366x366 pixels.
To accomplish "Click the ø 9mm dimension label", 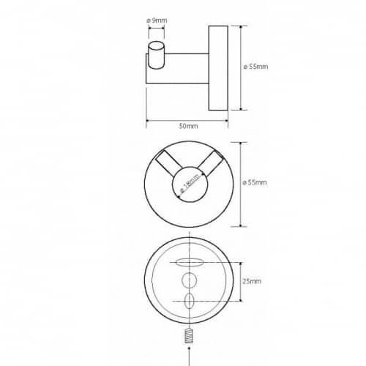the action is coord(157,20).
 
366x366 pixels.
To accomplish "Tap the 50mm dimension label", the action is coord(188,126).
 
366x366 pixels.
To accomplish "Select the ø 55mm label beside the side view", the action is coord(255,67).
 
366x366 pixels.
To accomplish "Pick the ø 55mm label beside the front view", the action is coord(255,182).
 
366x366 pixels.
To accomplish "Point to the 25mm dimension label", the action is coord(252,281).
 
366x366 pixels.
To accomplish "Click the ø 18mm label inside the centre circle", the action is coord(190,184).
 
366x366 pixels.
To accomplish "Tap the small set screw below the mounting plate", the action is coord(189,336).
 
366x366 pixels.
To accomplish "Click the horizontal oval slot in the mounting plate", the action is coord(190,263).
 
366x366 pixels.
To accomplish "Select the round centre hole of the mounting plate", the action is coord(190,280).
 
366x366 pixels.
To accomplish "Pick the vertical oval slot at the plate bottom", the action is coord(190,301).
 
